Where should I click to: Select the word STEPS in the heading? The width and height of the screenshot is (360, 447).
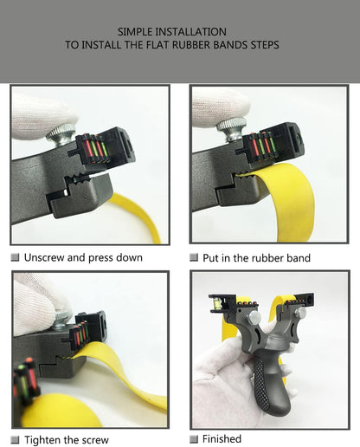pyautogui.click(x=265, y=45)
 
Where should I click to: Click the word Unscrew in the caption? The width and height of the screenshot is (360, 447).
pyautogui.click(x=44, y=257)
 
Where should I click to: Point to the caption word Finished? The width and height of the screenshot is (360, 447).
pyautogui.click(x=222, y=439)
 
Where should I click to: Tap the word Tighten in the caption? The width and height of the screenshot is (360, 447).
pyautogui.click(x=42, y=440)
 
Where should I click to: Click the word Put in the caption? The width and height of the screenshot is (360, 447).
pyautogui.click(x=210, y=258)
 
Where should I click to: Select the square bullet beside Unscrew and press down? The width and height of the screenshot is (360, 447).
pyautogui.click(x=15, y=257)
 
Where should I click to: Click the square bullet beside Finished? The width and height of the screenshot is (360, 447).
pyautogui.click(x=194, y=439)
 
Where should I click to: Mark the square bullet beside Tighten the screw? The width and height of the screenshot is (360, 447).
pyautogui.click(x=15, y=440)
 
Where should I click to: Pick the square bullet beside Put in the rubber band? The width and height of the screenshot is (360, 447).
pyautogui.click(x=194, y=257)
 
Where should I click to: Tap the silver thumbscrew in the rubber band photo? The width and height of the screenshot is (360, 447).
pyautogui.click(x=232, y=129)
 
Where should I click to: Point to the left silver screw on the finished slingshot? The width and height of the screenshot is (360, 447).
pyautogui.click(x=254, y=317)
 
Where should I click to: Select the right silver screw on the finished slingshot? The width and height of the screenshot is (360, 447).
pyautogui.click(x=300, y=312)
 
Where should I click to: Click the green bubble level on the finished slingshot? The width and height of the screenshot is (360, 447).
pyautogui.click(x=216, y=303)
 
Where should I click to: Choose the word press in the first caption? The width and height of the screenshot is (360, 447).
pyautogui.click(x=100, y=258)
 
